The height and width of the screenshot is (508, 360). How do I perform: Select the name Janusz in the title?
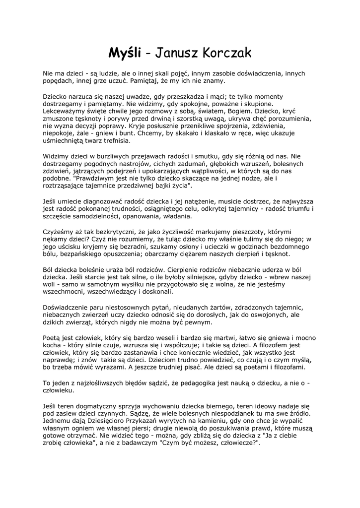coord(172,53)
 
